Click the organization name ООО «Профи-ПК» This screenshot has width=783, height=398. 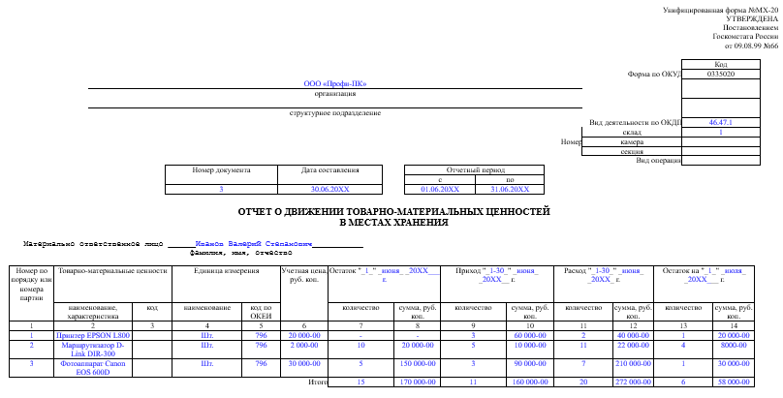point(327,83)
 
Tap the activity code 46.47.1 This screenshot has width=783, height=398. point(720,123)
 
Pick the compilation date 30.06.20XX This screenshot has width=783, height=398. point(329,189)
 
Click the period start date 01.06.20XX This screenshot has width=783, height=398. point(439,189)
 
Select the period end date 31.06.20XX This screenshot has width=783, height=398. point(510,189)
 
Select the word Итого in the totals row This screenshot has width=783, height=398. point(317,383)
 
